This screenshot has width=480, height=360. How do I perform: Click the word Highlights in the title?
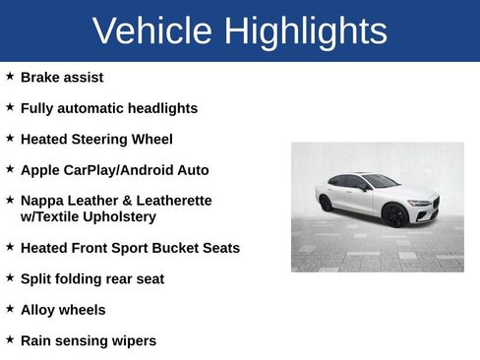point(305,31)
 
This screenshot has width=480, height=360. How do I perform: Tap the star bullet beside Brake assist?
point(10,76)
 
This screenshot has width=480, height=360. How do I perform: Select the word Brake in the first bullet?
point(40,77)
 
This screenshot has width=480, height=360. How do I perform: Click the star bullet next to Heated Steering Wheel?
point(10,138)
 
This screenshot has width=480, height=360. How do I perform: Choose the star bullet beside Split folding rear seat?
point(10,277)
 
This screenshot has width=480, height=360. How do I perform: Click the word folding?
point(82,279)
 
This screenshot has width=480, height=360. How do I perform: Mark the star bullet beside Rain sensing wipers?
point(10,339)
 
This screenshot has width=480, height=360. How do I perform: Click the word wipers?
point(133,341)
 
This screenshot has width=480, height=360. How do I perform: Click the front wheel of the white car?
point(395,215)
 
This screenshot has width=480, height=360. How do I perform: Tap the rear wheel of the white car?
point(326,204)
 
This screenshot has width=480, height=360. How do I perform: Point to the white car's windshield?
point(379,182)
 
